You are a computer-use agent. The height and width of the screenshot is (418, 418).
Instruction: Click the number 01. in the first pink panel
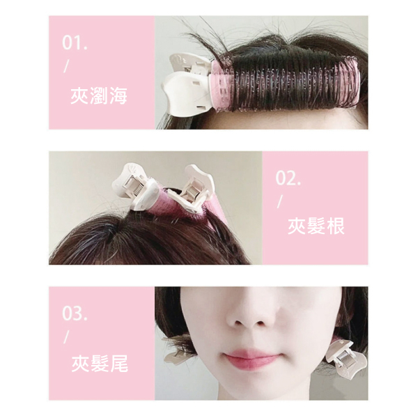click(75, 43)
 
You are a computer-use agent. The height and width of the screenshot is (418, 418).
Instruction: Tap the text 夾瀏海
click(99, 95)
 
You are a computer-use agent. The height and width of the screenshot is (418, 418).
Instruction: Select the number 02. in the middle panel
click(288, 178)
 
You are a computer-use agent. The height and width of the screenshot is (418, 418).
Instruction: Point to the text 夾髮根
click(316, 226)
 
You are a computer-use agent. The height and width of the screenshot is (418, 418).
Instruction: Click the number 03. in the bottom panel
click(75, 313)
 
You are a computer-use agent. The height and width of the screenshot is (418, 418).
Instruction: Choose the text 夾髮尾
click(100, 364)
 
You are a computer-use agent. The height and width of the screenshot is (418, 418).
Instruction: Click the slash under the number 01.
click(66, 66)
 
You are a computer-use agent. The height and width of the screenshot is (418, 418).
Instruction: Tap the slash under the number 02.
click(279, 201)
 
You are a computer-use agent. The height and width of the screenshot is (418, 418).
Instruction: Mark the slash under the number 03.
click(66, 337)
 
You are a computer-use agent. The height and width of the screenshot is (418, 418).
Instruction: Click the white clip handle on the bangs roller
click(188, 84)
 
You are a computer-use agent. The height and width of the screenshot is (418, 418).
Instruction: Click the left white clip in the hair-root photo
click(135, 187)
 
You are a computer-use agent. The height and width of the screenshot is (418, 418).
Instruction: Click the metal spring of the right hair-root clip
click(191, 192)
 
